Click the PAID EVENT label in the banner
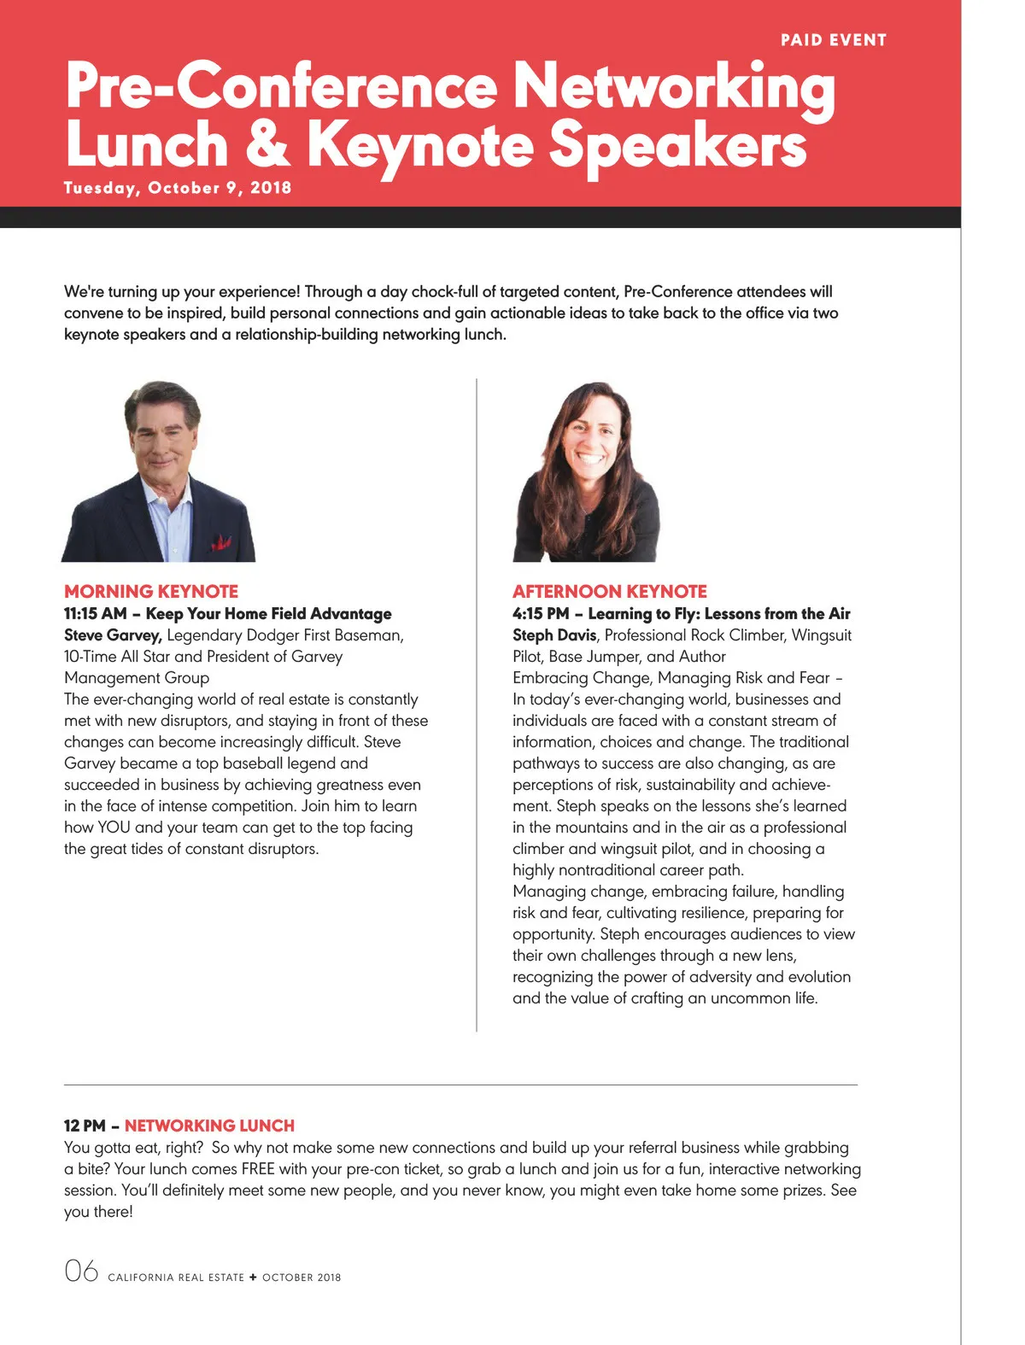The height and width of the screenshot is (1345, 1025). click(x=833, y=40)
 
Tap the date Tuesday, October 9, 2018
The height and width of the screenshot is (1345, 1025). click(x=178, y=188)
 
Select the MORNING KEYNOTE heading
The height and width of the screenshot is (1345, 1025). click(x=151, y=591)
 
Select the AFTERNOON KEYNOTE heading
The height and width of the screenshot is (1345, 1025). click(x=609, y=591)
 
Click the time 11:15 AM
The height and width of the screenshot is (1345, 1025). click(x=95, y=613)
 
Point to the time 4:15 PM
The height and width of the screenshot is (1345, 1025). click(x=540, y=613)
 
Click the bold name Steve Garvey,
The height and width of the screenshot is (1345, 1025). click(x=113, y=634)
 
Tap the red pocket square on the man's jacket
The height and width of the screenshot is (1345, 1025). click(x=221, y=541)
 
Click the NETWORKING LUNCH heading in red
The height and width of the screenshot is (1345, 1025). click(x=209, y=1126)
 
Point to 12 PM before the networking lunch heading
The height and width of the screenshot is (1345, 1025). click(x=85, y=1126)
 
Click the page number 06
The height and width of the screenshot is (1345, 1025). click(x=81, y=1271)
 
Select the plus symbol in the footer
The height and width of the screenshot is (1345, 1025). click(x=253, y=1278)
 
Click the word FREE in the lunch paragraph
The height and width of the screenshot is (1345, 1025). click(x=258, y=1168)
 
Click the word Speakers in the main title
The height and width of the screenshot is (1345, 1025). click(x=677, y=144)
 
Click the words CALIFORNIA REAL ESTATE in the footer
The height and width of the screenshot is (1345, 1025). click(x=176, y=1278)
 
